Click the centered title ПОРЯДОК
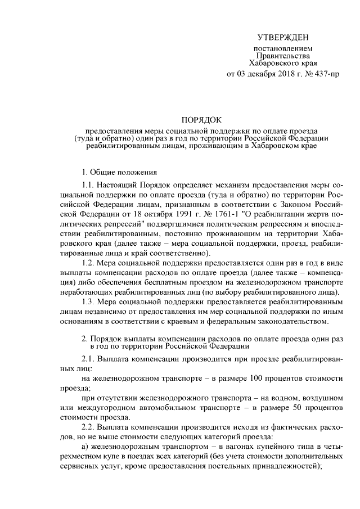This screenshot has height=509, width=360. (x=201, y=120)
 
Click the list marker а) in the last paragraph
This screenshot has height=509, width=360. (x=85, y=446)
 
